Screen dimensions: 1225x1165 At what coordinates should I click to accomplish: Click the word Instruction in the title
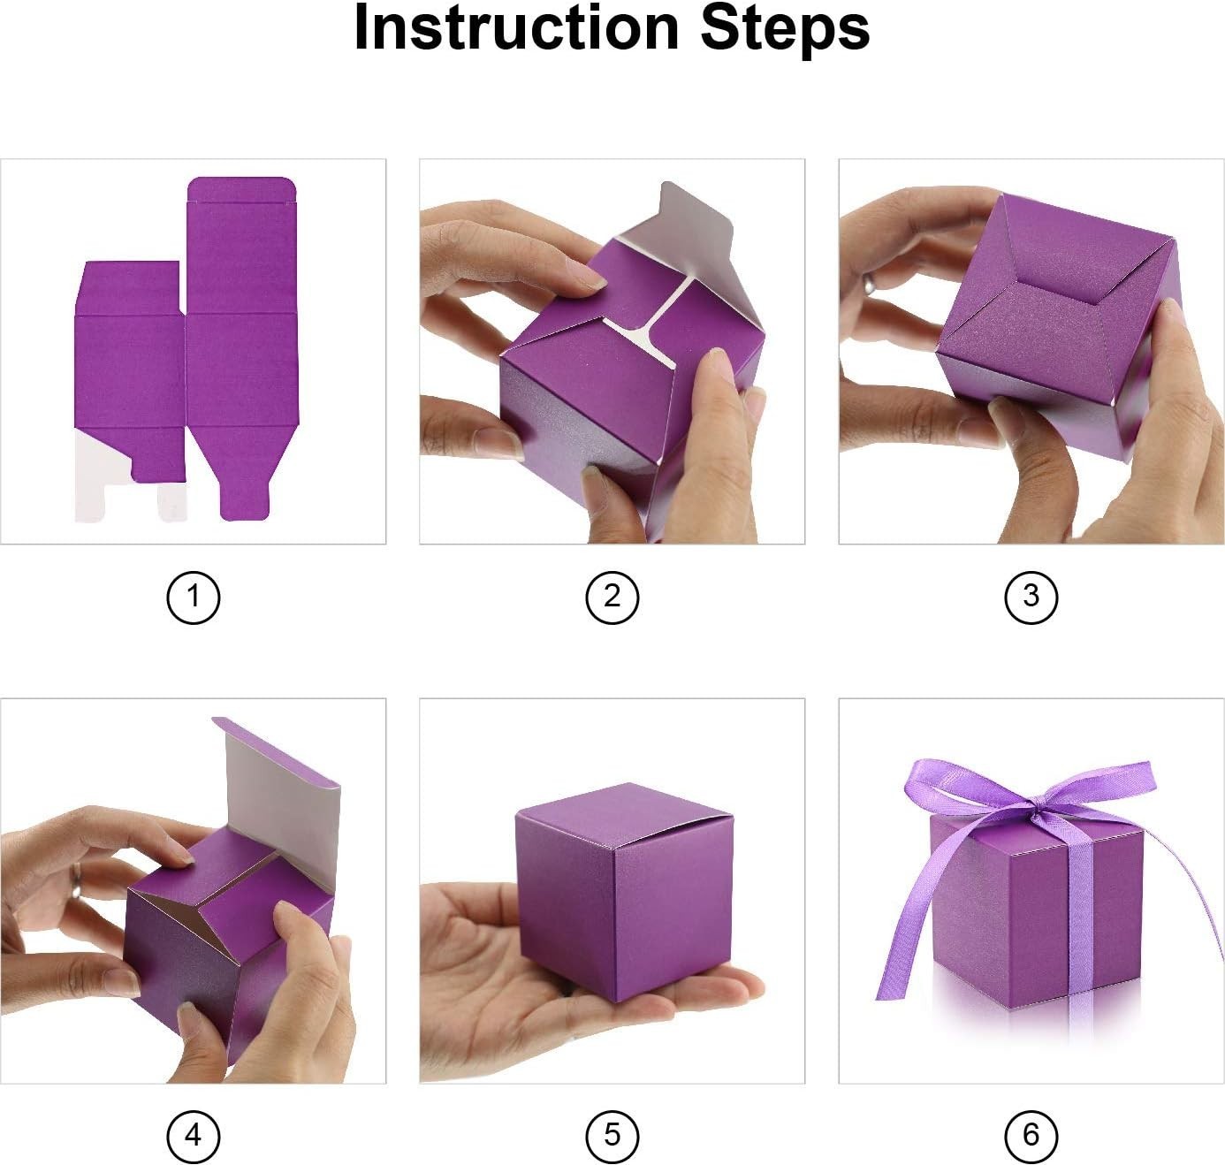point(515,28)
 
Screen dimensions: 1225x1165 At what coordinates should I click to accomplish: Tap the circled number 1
point(194,598)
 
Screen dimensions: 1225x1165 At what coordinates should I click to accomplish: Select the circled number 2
point(612,598)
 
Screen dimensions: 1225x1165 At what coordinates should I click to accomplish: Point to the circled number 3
point(1031,598)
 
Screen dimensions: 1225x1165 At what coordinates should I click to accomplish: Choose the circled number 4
point(194,1136)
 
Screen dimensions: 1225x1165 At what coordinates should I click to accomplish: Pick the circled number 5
point(612,1136)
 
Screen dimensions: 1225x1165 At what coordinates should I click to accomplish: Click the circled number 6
point(1031,1136)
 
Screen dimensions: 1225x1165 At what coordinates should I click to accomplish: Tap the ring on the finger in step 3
point(868,284)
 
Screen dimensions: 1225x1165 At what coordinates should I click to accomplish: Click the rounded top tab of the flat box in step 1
point(242,189)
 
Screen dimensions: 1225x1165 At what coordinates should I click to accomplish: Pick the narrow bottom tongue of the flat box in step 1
point(244,499)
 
